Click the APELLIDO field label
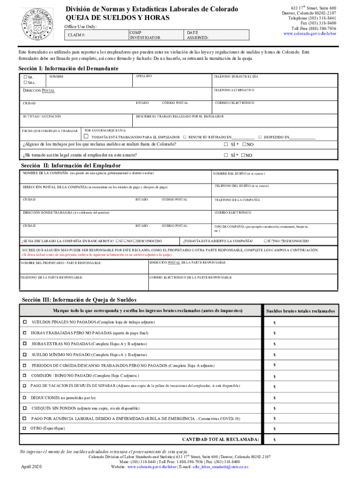144,76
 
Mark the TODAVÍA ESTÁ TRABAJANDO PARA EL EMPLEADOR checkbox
86,137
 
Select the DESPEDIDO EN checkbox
260,137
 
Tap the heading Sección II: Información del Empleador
71,166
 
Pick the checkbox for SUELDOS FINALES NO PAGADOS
25,322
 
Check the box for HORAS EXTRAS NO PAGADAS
25,343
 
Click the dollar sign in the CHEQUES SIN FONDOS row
274,407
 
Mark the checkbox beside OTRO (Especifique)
25,428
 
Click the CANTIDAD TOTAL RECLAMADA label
220,440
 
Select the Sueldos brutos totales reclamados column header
300,311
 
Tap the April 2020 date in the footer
31,466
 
